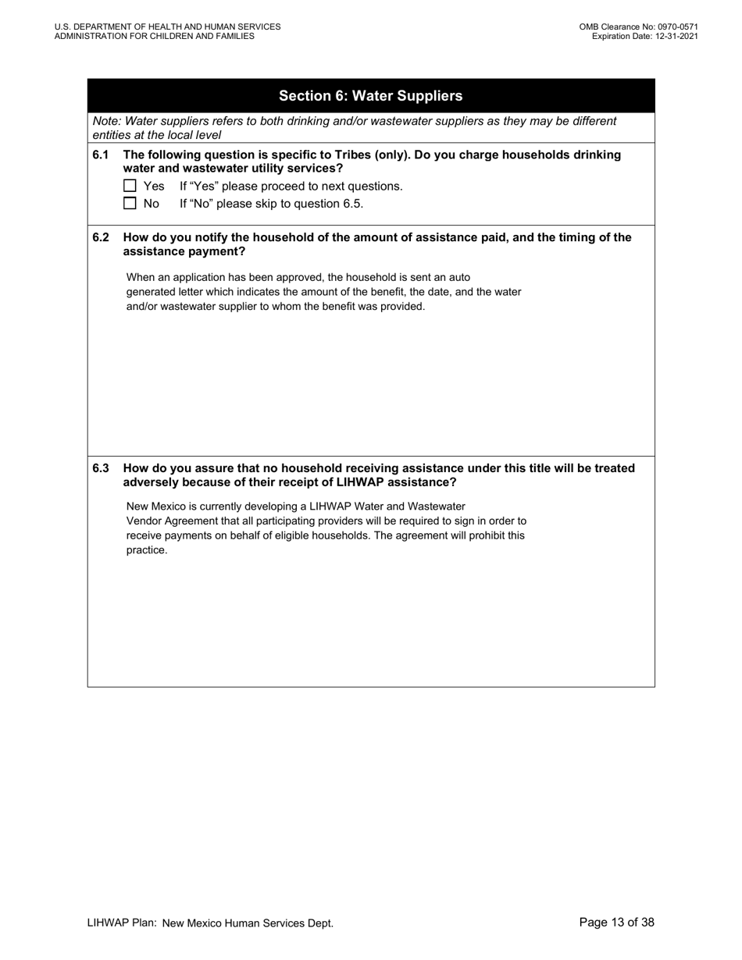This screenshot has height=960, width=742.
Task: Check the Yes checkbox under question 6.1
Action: pos(130,186)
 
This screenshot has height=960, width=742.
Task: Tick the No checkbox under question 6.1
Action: pos(130,204)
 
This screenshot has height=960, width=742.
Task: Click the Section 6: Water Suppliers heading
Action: pos(370,96)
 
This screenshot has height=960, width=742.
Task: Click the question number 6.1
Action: pos(100,155)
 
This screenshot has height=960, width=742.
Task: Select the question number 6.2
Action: pos(100,237)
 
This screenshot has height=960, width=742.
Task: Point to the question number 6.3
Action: pos(100,468)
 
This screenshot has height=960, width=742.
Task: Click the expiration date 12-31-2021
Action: pos(671,36)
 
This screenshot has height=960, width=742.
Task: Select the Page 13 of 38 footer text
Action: pos(616,923)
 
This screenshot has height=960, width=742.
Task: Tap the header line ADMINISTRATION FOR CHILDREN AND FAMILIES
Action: pos(154,36)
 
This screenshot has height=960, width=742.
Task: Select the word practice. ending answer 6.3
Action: pos(147,550)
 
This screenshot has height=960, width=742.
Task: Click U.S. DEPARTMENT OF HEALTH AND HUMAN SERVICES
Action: pos(167,27)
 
